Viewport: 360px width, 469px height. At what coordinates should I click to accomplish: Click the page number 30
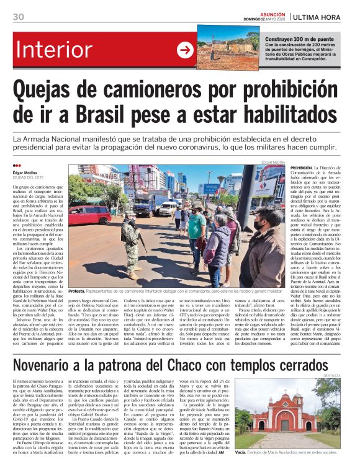18,16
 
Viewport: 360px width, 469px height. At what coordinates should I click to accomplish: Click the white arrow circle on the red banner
185,50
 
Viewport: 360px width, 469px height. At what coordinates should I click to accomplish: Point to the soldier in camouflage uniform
131,243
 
